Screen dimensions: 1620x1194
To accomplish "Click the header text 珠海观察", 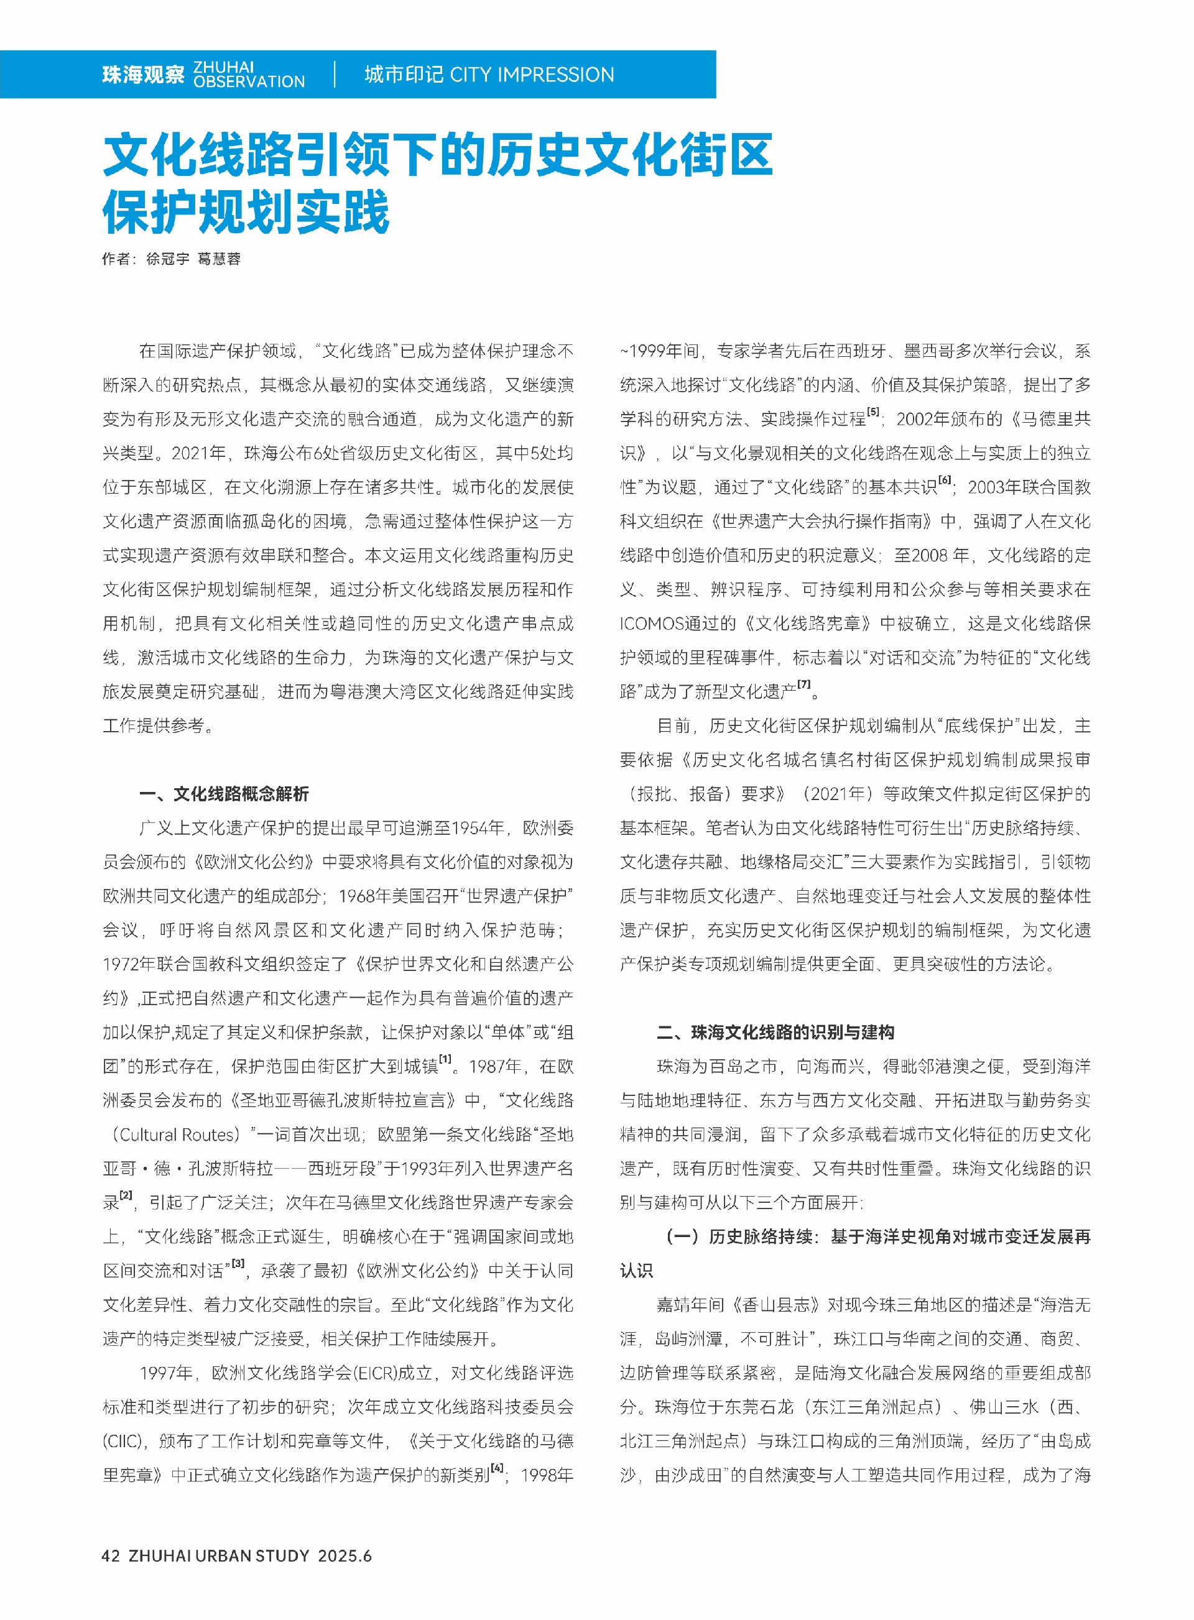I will click(143, 75).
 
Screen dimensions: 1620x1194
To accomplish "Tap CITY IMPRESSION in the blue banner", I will click(531, 75).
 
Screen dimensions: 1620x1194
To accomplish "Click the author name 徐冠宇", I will click(168, 259).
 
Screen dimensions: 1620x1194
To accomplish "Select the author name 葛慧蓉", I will click(219, 259).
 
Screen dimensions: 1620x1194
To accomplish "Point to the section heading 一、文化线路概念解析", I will click(224, 793).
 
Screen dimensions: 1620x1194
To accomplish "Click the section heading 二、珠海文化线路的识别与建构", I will click(775, 1032).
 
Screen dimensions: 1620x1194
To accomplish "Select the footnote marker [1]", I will click(446, 1059).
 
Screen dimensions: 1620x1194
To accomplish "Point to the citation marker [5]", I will click(873, 412).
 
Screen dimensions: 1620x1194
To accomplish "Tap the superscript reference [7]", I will click(803, 684).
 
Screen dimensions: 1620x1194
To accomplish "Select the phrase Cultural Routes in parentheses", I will click(177, 1134).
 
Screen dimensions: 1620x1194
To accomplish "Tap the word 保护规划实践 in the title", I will click(246, 212).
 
